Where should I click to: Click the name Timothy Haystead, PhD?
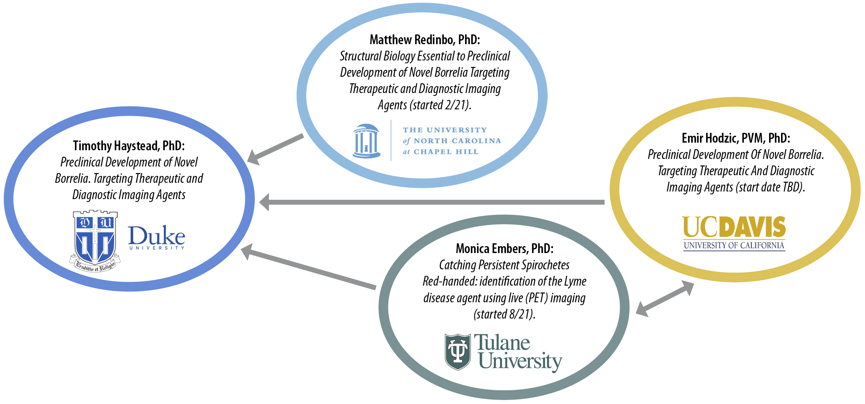[129, 146]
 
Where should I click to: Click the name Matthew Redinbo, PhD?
[425, 40]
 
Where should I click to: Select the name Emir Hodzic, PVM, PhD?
[736, 138]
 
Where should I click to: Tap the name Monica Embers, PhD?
[504, 249]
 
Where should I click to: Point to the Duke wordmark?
[157, 236]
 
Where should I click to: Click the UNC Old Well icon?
[366, 141]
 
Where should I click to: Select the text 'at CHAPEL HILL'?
[441, 152]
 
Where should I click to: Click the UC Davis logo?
[734, 227]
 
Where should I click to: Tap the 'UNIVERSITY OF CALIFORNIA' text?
[734, 245]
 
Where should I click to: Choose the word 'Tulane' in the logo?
[502, 342]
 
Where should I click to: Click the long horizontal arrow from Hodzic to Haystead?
[434, 202]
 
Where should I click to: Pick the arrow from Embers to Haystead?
[308, 268]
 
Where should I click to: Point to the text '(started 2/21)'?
[440, 105]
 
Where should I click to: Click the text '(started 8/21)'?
[504, 314]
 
